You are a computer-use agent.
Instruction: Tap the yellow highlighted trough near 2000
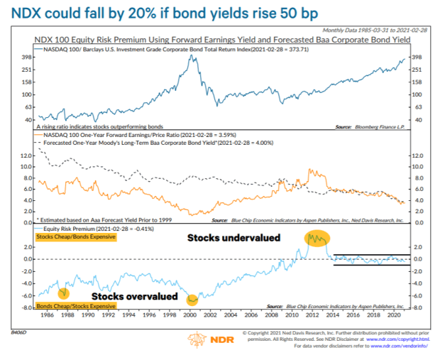[192, 300]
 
